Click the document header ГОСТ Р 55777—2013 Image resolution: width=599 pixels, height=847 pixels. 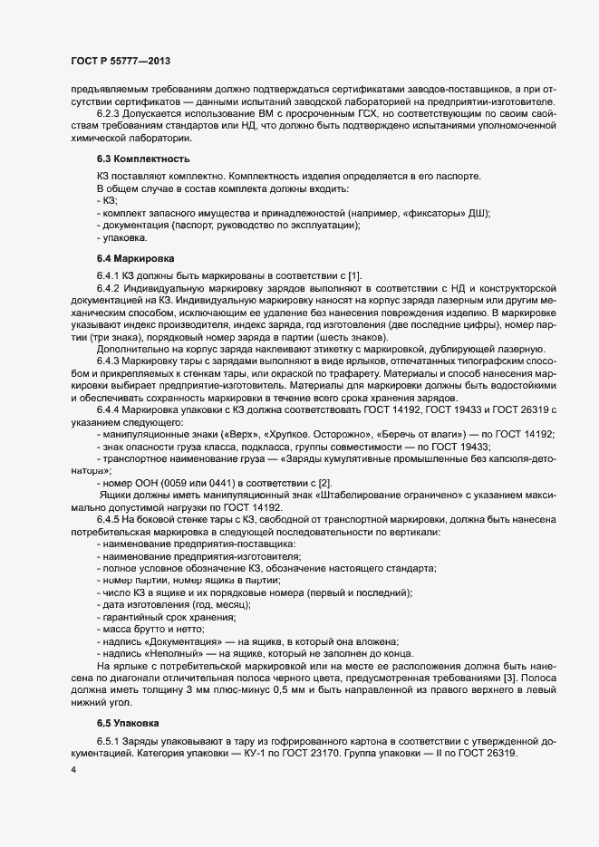[x=121, y=60]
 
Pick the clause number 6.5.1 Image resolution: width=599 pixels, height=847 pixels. [x=111, y=741]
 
